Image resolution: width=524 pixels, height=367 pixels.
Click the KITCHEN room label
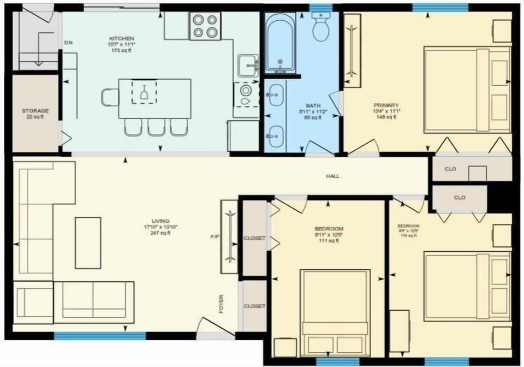coord(121,38)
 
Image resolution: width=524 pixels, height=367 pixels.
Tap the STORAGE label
coord(35,110)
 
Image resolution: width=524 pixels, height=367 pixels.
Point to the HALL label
coord(332,176)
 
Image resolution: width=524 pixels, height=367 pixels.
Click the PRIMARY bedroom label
coord(386,105)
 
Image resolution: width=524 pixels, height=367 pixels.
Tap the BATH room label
coord(313,105)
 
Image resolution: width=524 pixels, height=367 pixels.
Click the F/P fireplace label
coord(215,238)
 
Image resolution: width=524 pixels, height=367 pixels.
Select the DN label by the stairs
coord(68,43)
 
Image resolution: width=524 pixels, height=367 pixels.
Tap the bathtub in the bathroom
coord(281,42)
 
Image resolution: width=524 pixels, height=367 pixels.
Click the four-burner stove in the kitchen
coord(205,26)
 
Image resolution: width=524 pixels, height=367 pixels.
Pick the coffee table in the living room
coord(88,242)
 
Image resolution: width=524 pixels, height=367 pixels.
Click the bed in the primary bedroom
coord(467,90)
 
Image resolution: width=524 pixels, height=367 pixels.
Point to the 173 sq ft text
coord(121,51)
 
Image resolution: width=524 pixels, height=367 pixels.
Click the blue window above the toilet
coord(321,7)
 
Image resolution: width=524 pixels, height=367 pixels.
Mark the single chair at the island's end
coord(109,97)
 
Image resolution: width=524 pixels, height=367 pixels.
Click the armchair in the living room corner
coord(33,302)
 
